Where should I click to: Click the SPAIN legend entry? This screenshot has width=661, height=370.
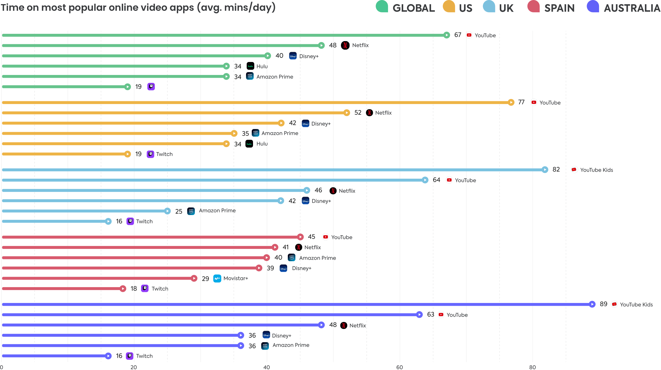[559, 8]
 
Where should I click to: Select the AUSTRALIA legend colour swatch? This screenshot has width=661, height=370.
[593, 7]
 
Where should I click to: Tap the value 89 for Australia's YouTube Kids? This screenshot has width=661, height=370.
[603, 304]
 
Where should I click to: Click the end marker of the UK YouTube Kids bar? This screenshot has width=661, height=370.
[545, 170]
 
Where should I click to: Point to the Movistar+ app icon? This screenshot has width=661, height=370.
[217, 279]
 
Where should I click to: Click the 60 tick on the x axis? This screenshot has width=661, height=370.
[399, 367]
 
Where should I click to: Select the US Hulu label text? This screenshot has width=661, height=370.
[262, 144]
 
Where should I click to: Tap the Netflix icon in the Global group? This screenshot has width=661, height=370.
[345, 46]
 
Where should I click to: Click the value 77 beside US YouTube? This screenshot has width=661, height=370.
[521, 102]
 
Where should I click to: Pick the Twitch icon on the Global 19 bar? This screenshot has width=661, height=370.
[151, 86]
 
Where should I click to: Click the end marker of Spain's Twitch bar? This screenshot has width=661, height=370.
[123, 289]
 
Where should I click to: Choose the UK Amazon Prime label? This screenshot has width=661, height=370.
[217, 211]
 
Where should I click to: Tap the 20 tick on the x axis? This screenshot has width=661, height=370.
[134, 367]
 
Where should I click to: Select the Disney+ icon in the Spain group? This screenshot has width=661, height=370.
[283, 268]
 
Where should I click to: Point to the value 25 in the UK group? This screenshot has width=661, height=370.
[179, 211]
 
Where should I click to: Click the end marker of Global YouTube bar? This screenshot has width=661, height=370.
[447, 35]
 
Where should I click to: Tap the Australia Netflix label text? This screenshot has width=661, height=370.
[357, 325]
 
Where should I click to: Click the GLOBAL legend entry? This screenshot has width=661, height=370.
[413, 8]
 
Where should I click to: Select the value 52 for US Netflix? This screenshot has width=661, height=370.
[358, 113]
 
